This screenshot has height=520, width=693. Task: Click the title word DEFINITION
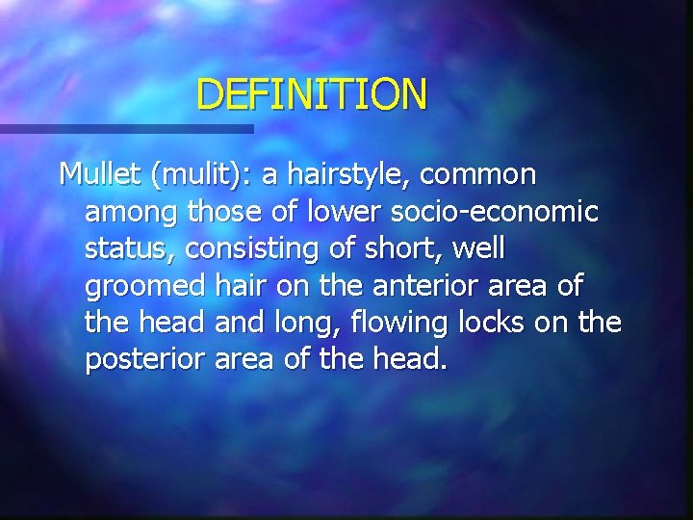[x=311, y=94]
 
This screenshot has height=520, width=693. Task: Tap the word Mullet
[x=99, y=174]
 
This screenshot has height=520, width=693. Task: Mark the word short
[x=390, y=248]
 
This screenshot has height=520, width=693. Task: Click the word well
[x=477, y=248]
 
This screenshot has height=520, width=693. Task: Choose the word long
[x=280, y=323]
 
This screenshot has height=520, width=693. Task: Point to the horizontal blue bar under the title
[x=125, y=129]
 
